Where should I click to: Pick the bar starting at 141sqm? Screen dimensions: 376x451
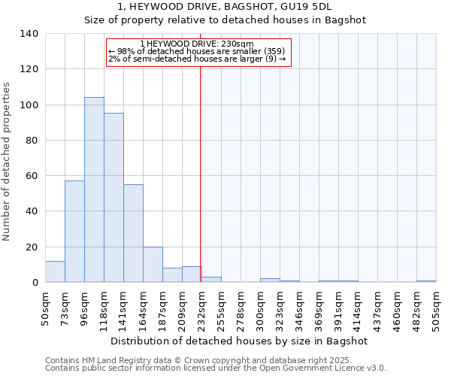point(133,233)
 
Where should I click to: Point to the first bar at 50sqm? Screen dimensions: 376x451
point(55,271)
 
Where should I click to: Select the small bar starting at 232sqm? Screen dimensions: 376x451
point(211,280)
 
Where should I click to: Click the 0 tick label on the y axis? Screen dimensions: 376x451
point(35,283)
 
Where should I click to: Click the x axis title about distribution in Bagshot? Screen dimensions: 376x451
point(240,341)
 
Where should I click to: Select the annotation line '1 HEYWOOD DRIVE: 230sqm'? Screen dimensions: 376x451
point(197,44)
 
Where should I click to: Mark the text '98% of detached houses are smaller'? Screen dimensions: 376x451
point(189,51)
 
